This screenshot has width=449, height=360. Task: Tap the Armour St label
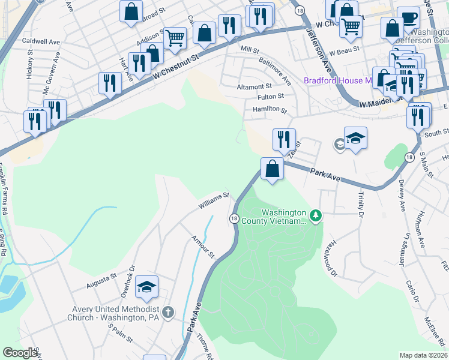tap(202, 246)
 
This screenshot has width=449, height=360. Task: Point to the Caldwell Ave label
tap(41, 43)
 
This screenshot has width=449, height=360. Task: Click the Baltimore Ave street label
tap(274, 71)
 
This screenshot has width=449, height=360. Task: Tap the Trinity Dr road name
tap(361, 203)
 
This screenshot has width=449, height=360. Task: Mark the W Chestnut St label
tap(175, 67)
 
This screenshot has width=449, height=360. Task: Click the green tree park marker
tap(315, 214)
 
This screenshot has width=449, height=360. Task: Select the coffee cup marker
tap(408, 17)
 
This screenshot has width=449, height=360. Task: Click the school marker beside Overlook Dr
tap(146, 287)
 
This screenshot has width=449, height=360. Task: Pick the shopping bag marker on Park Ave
tap(273, 168)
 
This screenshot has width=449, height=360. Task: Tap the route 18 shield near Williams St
tap(234, 219)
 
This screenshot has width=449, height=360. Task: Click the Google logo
tap(20, 353)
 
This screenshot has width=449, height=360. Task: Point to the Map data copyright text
tap(424, 355)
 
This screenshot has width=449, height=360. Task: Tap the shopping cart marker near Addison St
tap(174, 38)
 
